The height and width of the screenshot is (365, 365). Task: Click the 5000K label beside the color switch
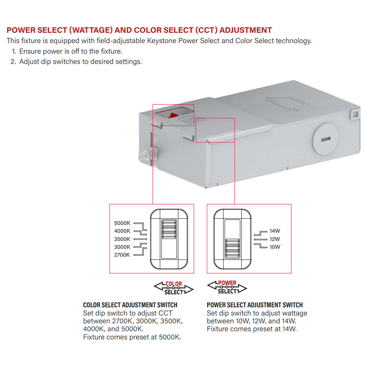[x=122, y=223]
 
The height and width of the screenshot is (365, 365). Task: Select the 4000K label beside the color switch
[x=122, y=231]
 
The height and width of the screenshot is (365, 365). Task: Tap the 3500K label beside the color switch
[x=122, y=239]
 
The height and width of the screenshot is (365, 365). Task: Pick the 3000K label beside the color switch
[x=122, y=247]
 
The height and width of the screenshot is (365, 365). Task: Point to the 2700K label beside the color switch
[x=122, y=255]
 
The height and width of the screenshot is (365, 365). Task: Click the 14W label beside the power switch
[x=275, y=231]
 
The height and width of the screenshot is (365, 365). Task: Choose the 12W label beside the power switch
[x=275, y=239]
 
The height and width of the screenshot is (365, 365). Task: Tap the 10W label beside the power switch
[x=275, y=247]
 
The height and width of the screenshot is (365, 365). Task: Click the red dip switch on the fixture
[x=173, y=115]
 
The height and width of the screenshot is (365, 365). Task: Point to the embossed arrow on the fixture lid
[x=286, y=103]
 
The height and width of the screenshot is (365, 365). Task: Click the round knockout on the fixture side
[x=325, y=139]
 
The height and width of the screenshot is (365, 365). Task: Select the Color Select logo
[x=174, y=288]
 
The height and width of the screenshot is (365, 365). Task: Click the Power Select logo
[x=227, y=287]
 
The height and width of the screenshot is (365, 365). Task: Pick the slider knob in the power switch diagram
[x=232, y=248]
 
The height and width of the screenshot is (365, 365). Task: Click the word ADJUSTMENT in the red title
[x=245, y=30]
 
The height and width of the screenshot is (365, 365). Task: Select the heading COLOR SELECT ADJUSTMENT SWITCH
[x=130, y=305]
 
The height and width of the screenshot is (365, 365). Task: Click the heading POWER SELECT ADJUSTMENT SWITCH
[x=255, y=305]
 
